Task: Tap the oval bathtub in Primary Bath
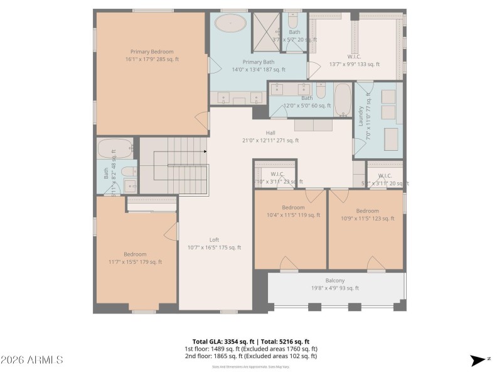tap(231, 24)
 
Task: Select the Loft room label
tap(214, 243)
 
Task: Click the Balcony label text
tap(334, 284)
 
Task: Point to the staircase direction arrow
tap(205, 151)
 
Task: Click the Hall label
tap(270, 136)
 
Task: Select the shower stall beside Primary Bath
tap(265, 32)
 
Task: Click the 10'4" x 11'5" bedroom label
tap(293, 211)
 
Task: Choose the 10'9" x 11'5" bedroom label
tap(367, 214)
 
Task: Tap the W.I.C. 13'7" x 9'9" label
tap(355, 60)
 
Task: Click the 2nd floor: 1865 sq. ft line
tap(250, 356)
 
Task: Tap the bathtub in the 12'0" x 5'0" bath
tap(343, 100)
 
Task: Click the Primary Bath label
tap(259, 66)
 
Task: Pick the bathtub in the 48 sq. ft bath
tap(115, 149)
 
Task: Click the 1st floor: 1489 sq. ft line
tap(250, 349)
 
